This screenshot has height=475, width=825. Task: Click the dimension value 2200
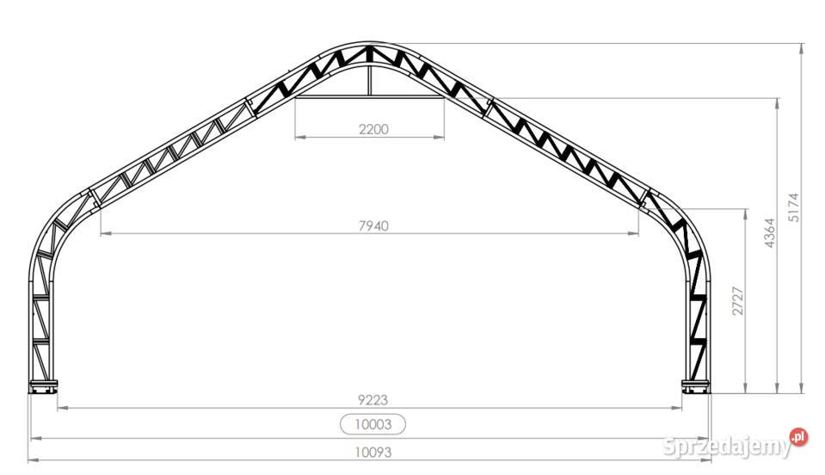[373, 129]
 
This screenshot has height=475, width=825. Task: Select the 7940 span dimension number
[373, 225]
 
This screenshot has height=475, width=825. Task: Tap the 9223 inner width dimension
[373, 400]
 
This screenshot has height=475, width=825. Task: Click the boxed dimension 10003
[373, 424]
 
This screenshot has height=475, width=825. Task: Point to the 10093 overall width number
[373, 452]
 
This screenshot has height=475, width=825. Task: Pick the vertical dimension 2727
[738, 301]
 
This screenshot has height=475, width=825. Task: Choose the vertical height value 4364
[769, 233]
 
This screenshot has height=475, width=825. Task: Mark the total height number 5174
[793, 207]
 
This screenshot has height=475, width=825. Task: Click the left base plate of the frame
[43, 386]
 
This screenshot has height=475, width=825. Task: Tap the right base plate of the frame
[696, 386]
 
